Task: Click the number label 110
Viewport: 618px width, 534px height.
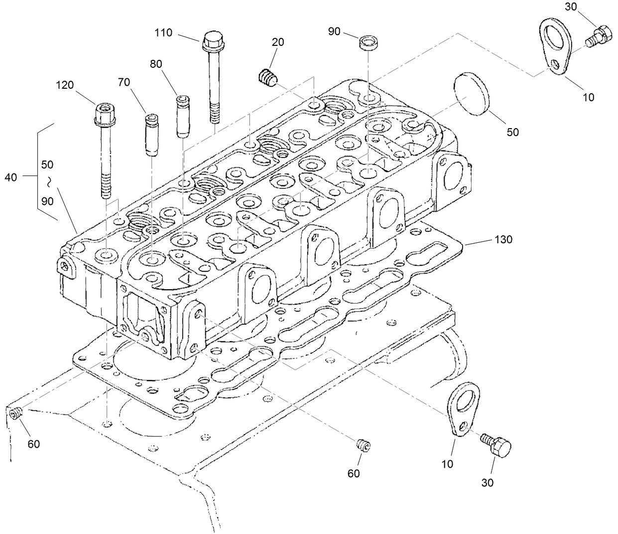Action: (x=163, y=33)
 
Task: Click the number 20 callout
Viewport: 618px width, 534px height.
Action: (x=278, y=42)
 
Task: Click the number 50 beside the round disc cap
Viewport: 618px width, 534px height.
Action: (x=512, y=132)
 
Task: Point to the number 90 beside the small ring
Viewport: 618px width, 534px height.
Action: (x=334, y=31)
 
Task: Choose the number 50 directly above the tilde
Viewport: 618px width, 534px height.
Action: (x=48, y=164)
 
